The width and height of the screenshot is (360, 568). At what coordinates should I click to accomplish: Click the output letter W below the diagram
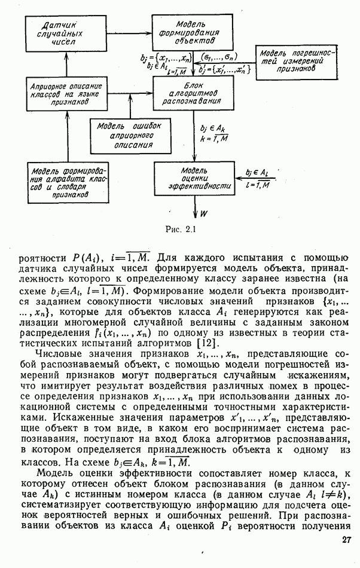204,212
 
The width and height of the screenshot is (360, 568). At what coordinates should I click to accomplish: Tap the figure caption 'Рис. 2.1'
180,228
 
